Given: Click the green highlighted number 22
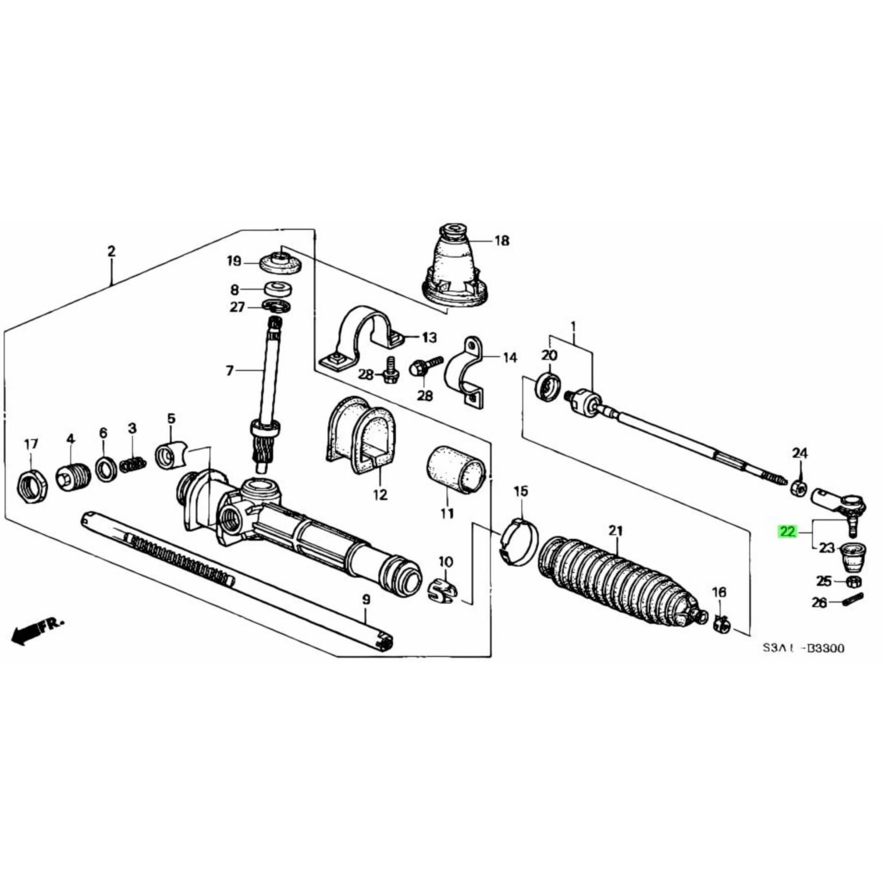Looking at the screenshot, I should coord(788,531).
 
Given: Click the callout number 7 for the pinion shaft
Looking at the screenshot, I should coord(229,371).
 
